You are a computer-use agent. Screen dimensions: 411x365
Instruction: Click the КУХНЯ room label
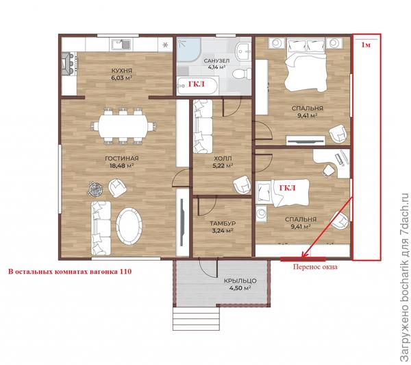click(122, 71)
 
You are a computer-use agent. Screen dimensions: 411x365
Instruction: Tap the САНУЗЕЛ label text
click(216, 61)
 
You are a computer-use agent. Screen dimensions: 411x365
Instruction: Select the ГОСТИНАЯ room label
click(122, 158)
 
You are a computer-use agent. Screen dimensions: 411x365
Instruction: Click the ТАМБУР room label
click(223, 224)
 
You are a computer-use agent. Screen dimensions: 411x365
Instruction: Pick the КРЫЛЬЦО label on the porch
click(240, 281)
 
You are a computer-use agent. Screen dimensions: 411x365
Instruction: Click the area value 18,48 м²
click(122, 166)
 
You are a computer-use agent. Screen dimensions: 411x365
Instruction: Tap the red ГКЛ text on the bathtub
click(197, 84)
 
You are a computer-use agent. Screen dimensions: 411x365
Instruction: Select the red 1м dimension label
click(366, 45)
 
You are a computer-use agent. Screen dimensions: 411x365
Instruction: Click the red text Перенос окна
click(315, 267)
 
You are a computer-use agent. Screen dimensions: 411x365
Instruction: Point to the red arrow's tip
click(302, 257)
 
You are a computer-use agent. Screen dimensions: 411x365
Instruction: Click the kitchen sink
click(121, 45)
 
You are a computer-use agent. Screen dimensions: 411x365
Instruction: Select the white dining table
click(123, 126)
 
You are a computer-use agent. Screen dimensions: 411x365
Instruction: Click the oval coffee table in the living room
click(129, 226)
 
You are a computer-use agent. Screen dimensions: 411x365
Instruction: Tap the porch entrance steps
click(196, 318)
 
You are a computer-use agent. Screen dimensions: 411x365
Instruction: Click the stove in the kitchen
click(69, 64)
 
